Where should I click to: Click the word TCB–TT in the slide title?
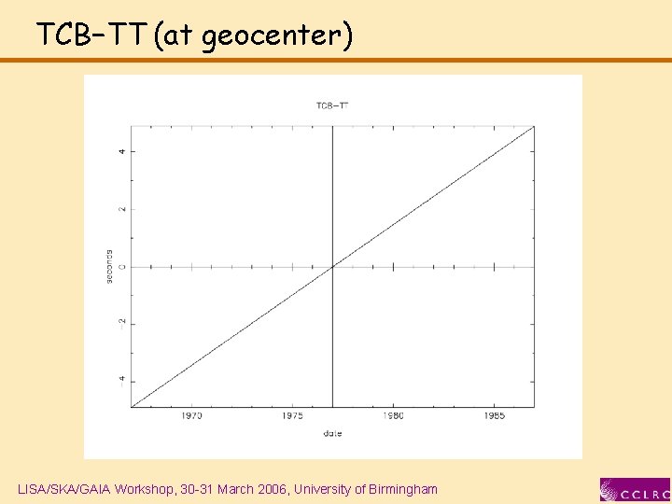coord(91,35)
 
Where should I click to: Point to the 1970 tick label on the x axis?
coord(191,416)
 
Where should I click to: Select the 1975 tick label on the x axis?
coord(292,416)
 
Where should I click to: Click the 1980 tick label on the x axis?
coord(393,416)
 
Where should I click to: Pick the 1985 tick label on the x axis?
coord(494,416)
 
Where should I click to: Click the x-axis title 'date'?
coord(332,433)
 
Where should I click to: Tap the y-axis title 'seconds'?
coord(110,267)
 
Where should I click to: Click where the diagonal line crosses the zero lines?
coord(333,267)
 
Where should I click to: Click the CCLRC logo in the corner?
coord(635,490)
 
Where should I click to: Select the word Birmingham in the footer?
coord(401,489)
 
